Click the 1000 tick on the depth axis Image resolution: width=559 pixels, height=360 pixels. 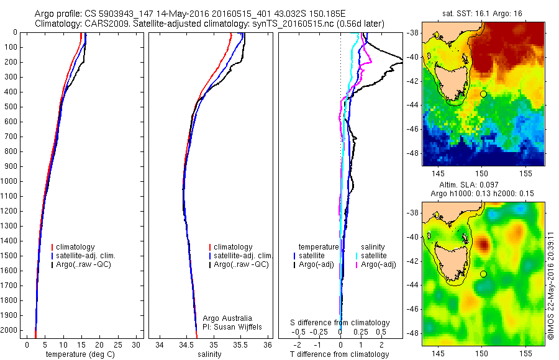10,181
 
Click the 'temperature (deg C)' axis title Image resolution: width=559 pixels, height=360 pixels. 83,354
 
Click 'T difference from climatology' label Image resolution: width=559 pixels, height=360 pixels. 339,354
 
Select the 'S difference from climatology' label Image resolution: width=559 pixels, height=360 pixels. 340,323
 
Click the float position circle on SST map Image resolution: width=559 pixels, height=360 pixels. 483,94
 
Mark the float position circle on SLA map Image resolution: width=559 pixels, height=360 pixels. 483,274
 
